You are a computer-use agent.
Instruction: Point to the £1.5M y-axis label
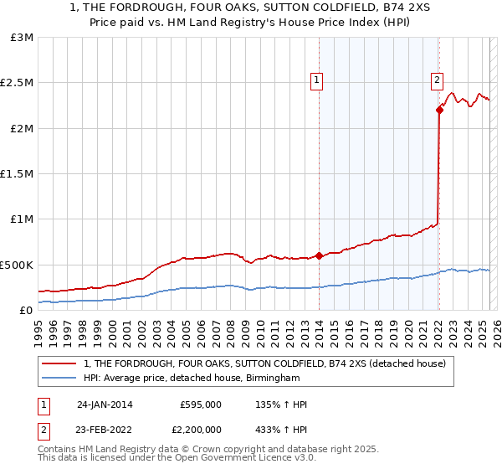click(x=18, y=174)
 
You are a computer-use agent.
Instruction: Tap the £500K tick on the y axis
click(x=17, y=265)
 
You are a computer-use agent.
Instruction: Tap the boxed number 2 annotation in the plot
click(x=437, y=81)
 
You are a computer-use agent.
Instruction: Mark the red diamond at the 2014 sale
click(x=320, y=256)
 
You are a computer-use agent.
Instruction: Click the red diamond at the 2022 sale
click(x=439, y=110)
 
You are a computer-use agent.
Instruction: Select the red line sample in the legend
click(x=59, y=363)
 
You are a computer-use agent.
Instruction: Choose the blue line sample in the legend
click(x=59, y=379)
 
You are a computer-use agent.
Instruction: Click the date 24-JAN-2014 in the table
click(x=105, y=405)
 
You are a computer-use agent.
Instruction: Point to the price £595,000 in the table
click(x=201, y=405)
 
